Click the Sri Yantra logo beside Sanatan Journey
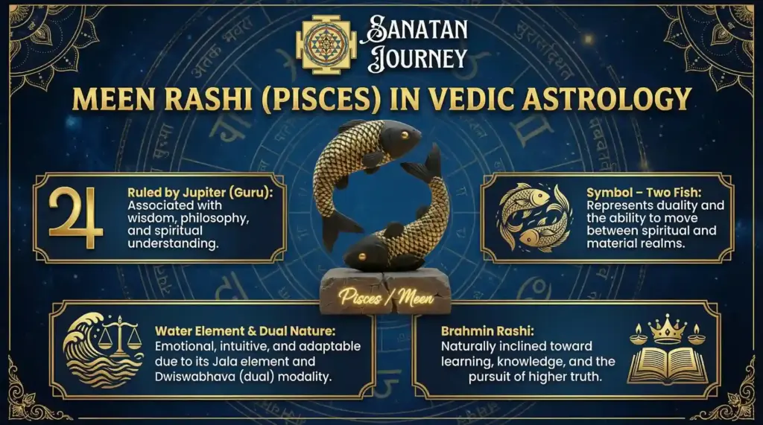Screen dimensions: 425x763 pyautogui.click(x=324, y=45)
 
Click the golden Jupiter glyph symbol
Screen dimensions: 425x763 pyautogui.click(x=76, y=217)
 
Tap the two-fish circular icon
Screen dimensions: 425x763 pyautogui.click(x=534, y=217)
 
